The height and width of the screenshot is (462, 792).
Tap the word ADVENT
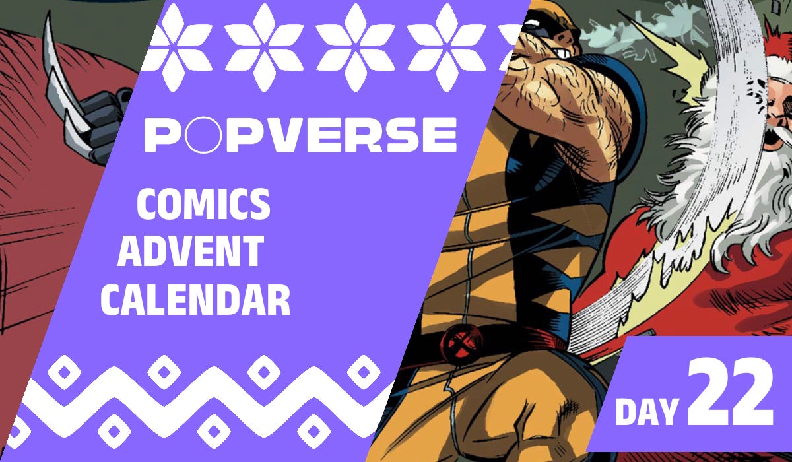(x=191, y=253)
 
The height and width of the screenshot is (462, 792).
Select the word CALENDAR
(x=196, y=301)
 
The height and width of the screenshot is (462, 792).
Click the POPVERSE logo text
(x=300, y=135)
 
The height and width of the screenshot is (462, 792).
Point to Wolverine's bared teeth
(x=561, y=53)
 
